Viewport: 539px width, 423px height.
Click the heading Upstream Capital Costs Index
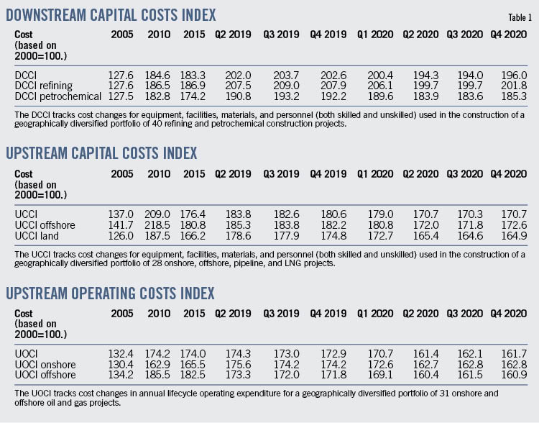point(111,154)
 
